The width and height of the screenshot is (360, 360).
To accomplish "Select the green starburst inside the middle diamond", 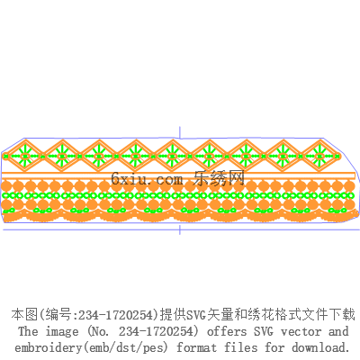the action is point(172,156).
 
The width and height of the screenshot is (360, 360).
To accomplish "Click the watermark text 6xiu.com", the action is point(147,179).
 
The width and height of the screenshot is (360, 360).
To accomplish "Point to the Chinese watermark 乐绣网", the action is point(219,178).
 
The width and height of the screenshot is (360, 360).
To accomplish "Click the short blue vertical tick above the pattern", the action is point(180,132).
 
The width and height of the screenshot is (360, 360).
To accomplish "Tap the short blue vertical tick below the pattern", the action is point(180,229).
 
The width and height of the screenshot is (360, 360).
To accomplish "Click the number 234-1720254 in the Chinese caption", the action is point(118,315).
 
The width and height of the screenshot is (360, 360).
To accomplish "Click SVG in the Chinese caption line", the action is point(196,315).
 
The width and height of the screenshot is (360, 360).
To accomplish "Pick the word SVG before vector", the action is point(264,331).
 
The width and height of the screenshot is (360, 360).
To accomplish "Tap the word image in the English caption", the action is point(62,332).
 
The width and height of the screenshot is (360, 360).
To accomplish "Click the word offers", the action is point(227,331).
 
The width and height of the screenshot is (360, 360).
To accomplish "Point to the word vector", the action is point(301,332).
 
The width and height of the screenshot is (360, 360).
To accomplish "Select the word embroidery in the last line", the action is point(48,348).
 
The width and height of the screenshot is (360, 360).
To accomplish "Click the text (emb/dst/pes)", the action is point(125,348).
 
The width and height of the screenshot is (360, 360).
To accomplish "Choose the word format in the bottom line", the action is point(196,347).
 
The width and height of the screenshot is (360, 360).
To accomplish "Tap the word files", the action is point(241,347).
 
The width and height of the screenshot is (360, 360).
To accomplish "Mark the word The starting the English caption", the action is point(28,331).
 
